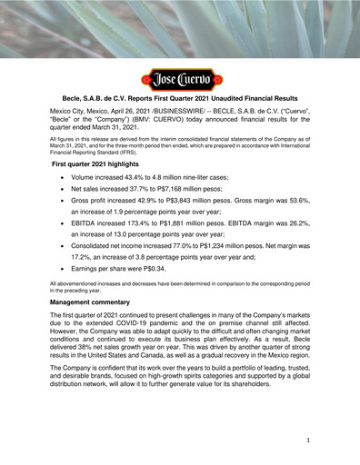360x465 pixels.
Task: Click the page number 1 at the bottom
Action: (308, 440)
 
